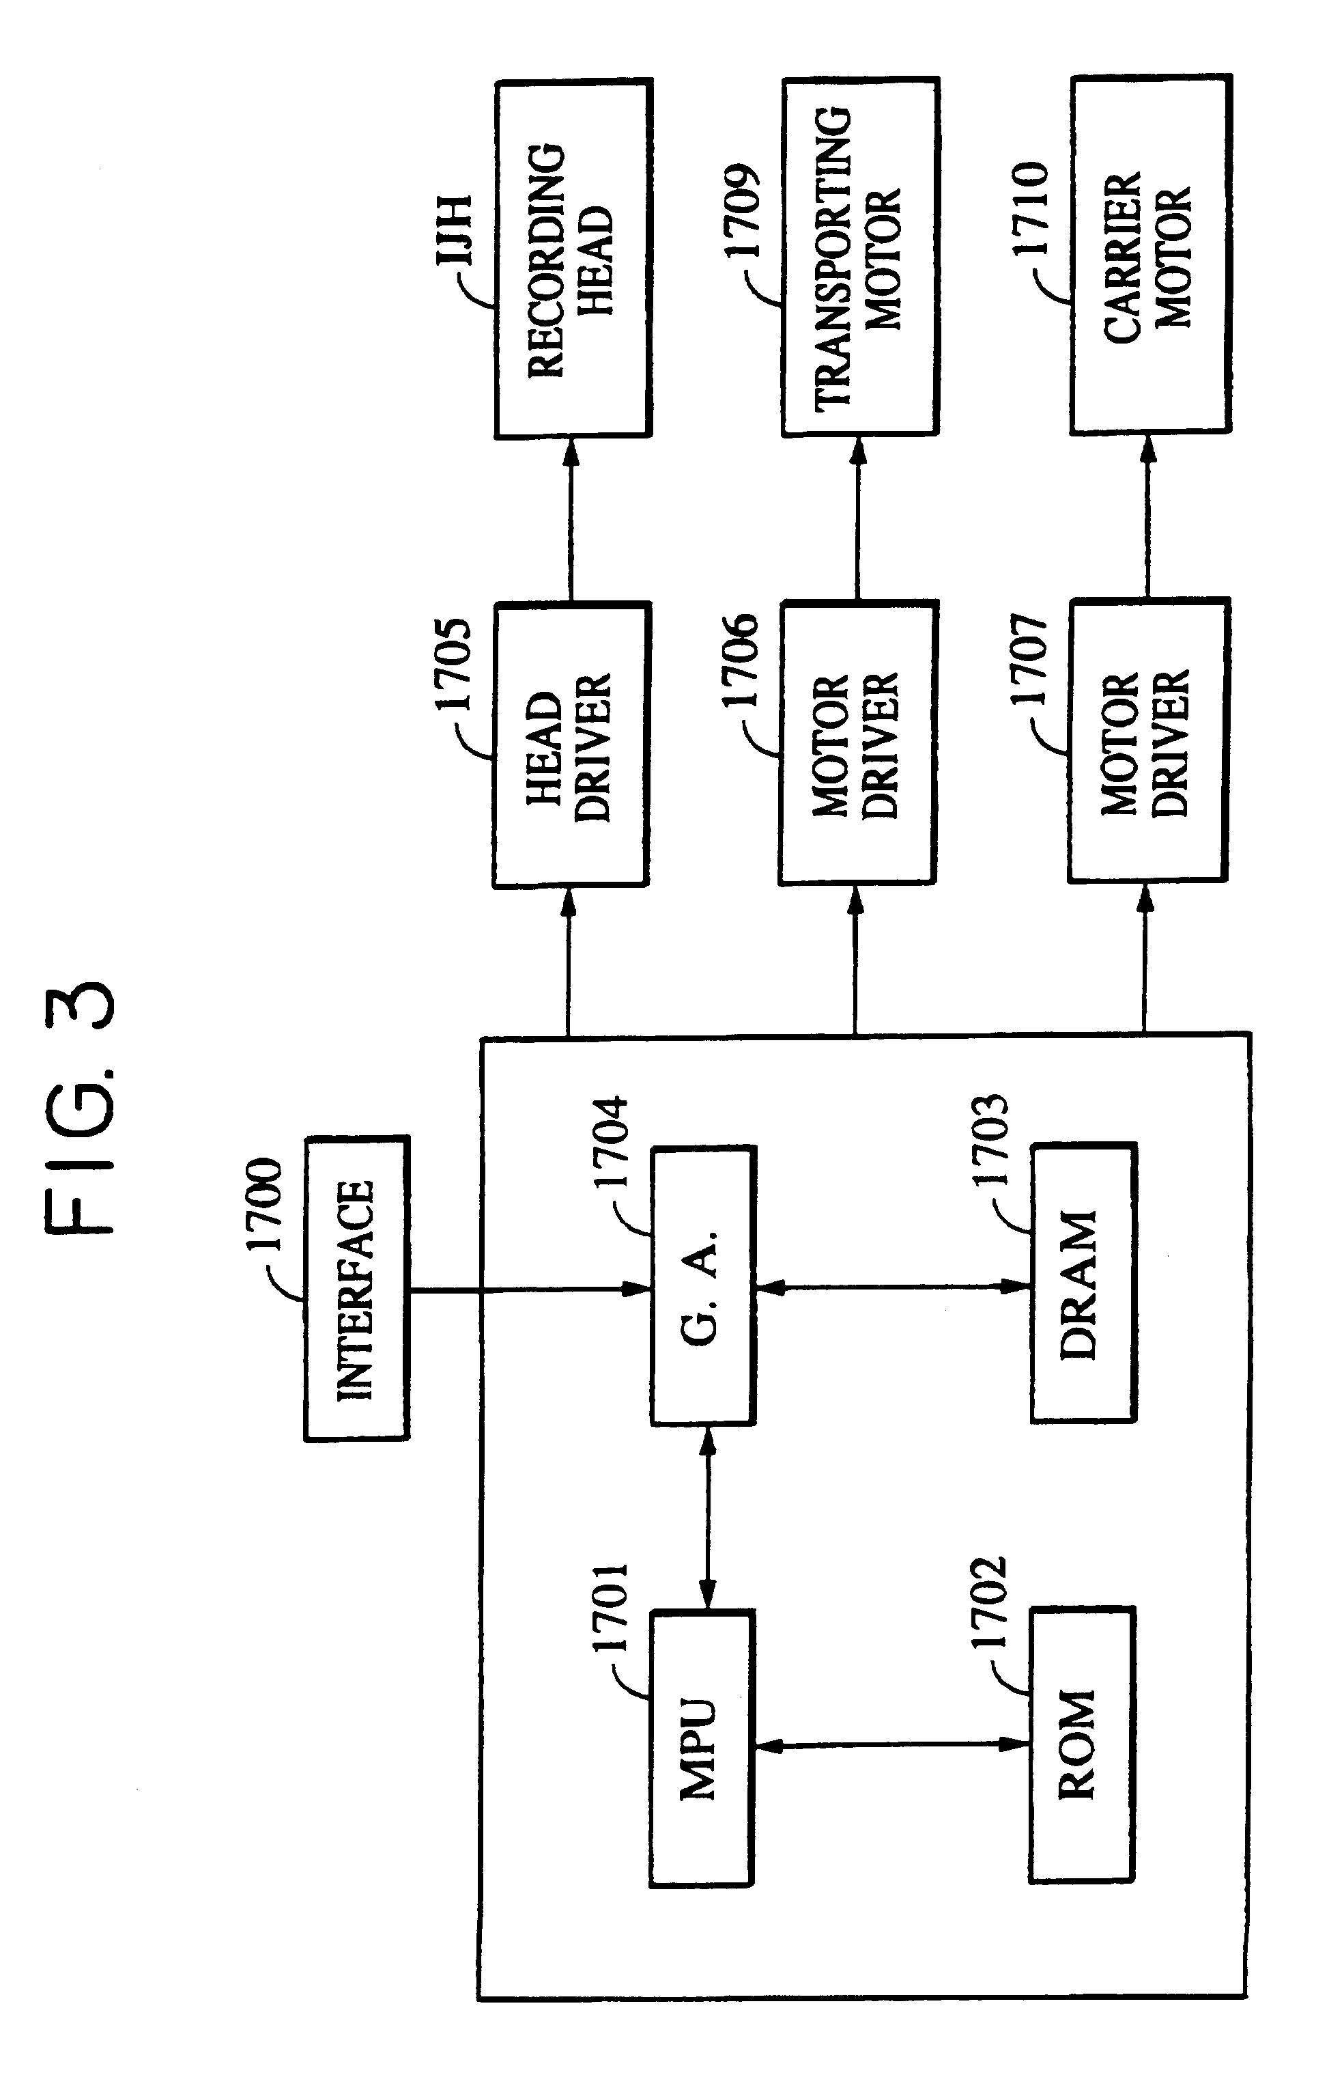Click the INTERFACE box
356,1289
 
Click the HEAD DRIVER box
571,745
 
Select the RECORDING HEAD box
573,259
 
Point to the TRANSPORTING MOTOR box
859,256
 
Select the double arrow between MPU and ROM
892,1744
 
